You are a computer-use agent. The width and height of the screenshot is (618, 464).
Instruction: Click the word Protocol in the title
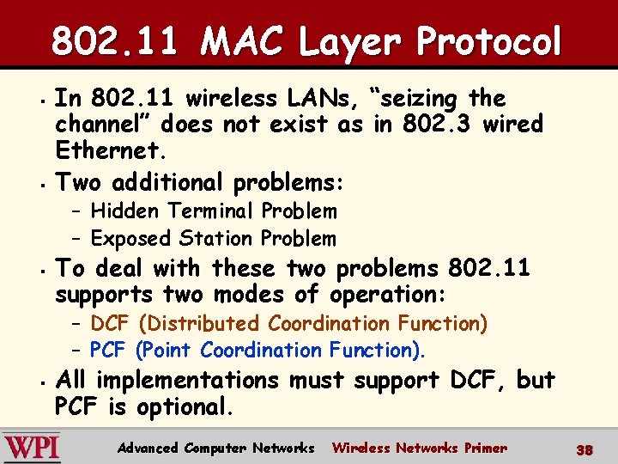pos(488,41)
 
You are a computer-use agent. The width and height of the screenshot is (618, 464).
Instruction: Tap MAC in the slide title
pos(237,41)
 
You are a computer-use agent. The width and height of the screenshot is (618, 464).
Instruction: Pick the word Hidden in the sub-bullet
pos(126,211)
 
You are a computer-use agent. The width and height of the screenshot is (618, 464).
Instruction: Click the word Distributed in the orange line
pos(206,324)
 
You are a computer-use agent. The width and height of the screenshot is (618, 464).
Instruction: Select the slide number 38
pos(585,449)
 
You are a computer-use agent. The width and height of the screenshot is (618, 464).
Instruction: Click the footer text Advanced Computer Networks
pos(215,448)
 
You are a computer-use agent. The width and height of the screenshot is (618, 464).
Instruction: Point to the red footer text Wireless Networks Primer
pos(419,448)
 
